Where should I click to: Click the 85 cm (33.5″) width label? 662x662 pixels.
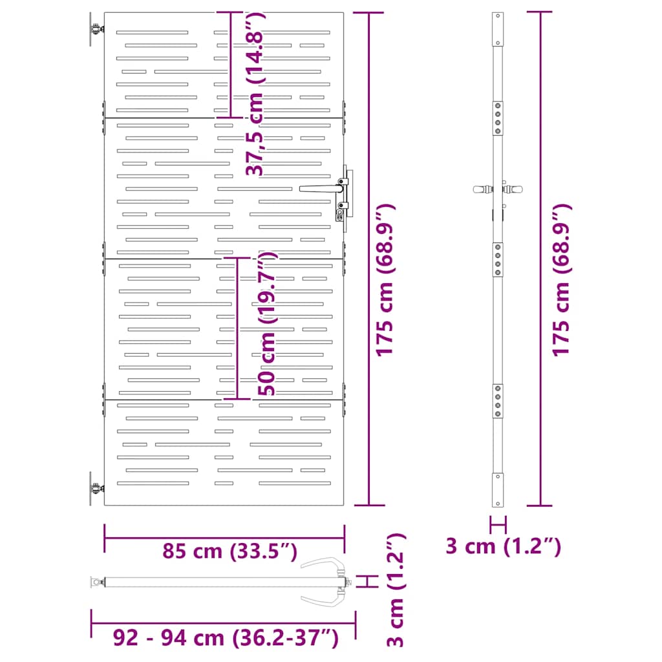click(230, 551)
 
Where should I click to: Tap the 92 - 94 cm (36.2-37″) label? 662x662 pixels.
click(226, 637)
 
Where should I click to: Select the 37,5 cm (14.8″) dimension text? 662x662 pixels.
click(255, 93)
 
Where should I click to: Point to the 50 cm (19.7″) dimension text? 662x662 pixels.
click(267, 323)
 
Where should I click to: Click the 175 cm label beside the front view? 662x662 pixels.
click(385, 280)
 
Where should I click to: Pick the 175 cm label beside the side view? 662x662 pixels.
click(561, 280)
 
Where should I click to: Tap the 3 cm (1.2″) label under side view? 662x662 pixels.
click(503, 546)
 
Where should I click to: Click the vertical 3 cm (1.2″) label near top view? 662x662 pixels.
click(396, 590)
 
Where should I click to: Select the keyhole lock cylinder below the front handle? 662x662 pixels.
click(340, 215)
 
